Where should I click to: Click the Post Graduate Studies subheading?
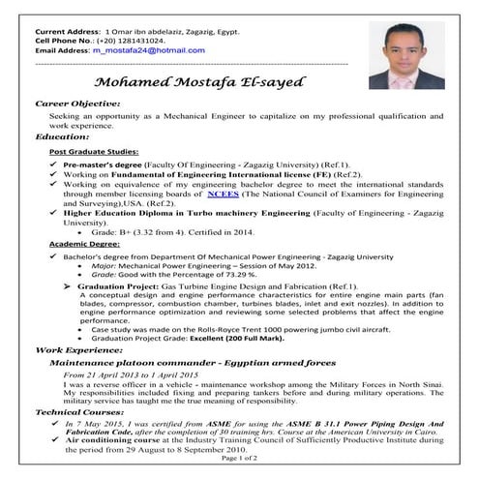click(x=94, y=154)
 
